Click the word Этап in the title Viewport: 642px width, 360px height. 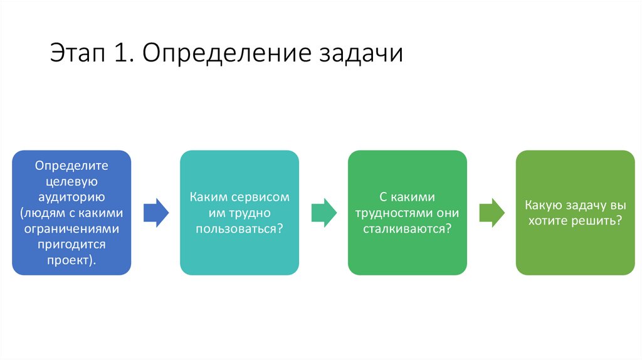78,54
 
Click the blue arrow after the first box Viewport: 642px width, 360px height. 155,213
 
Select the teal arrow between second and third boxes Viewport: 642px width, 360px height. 324,213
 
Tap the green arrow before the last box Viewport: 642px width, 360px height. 492,213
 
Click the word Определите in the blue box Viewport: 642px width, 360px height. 71,166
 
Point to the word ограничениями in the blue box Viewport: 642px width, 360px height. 71,228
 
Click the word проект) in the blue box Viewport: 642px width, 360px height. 71,260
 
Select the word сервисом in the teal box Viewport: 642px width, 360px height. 262,198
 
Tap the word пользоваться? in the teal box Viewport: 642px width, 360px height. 239,229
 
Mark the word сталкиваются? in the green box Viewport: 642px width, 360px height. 408,229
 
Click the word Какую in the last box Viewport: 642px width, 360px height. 540,205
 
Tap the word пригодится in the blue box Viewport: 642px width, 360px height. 71,244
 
